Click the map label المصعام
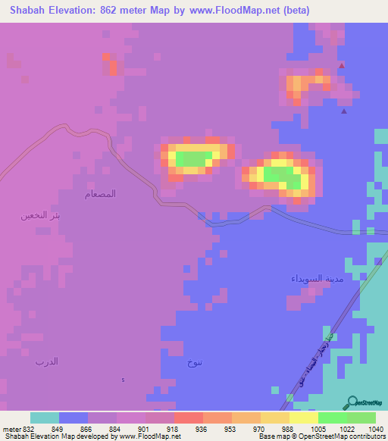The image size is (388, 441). pyautogui.click(x=100, y=194)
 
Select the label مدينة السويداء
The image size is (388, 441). pyautogui.click(x=311, y=279)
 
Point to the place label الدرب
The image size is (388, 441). pyautogui.click(x=46, y=361)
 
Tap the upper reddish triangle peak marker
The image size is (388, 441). pyautogui.click(x=342, y=66)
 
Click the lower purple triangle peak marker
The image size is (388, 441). pyautogui.click(x=345, y=112)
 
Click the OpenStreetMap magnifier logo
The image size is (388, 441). pyautogui.click(x=352, y=402)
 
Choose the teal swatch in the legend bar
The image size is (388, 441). pyautogui.click(x=45, y=418)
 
